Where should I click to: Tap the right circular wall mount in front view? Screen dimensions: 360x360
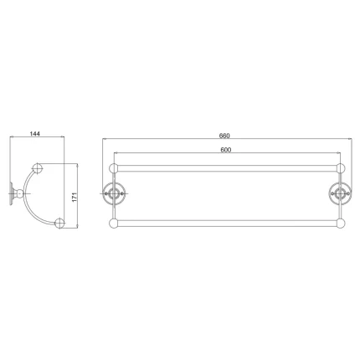(339, 192)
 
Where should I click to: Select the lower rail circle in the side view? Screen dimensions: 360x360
(60, 224)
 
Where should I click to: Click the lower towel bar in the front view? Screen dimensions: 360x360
(225, 224)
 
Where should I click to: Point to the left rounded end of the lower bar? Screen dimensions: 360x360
(113, 224)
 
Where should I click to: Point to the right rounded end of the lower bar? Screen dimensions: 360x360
(340, 224)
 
